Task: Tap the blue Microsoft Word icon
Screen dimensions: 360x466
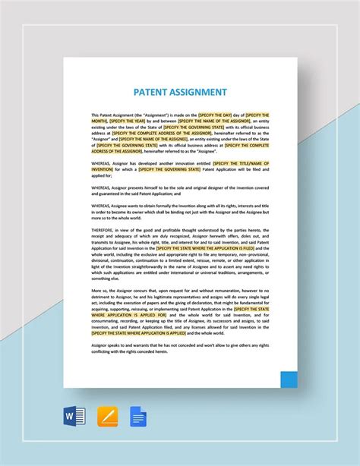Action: pos(75,417)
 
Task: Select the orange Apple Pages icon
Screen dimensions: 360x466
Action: pos(107,417)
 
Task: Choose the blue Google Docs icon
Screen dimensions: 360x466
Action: pos(138,417)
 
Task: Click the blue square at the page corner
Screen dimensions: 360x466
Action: pos(289,379)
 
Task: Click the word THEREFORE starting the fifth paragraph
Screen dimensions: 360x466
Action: pos(104,230)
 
